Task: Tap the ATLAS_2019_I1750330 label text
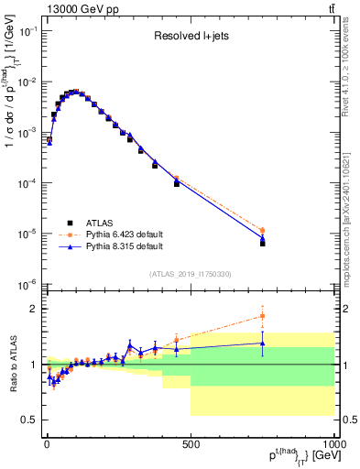[x=190, y=273]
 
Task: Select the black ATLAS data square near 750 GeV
[x=262, y=244]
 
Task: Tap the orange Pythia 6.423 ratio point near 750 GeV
[x=262, y=316]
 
